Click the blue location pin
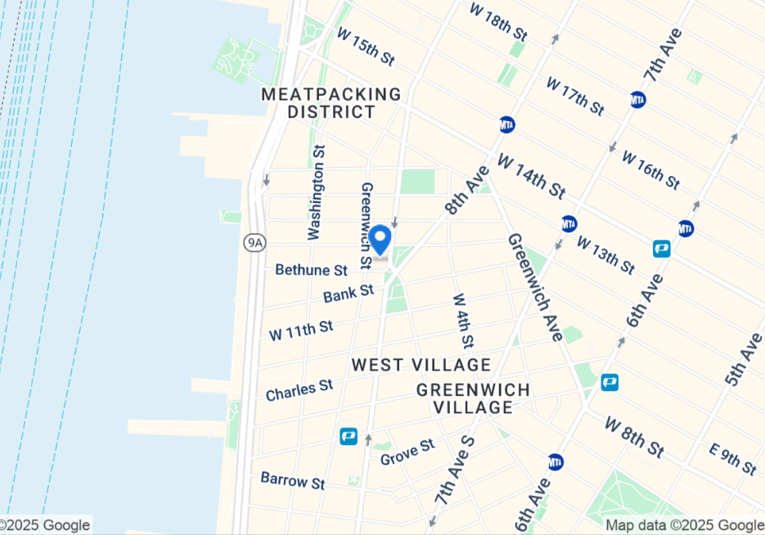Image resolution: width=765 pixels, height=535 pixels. coord(380,241)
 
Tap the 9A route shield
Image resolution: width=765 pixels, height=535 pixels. coord(255,241)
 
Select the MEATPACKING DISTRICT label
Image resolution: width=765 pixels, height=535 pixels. coord(331,103)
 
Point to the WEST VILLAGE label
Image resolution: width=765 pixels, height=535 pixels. coord(421,365)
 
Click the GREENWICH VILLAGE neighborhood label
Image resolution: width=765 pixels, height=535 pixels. coord(473,398)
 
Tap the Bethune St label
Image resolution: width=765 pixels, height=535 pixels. coord(312,269)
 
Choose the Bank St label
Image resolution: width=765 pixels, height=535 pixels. coord(348,292)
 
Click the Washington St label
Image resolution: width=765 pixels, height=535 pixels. coord(317,192)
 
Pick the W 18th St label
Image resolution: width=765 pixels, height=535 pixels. coord(498,21)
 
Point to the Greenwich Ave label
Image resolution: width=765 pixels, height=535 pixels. coord(534,287)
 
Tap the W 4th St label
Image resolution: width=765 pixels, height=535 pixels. coord(463,320)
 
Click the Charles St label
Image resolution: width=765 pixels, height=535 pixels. coord(299,389)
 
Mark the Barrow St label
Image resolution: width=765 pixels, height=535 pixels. coord(292,480)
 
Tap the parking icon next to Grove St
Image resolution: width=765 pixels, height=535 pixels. coord(349,437)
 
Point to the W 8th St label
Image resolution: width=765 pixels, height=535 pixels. coord(633,437)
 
